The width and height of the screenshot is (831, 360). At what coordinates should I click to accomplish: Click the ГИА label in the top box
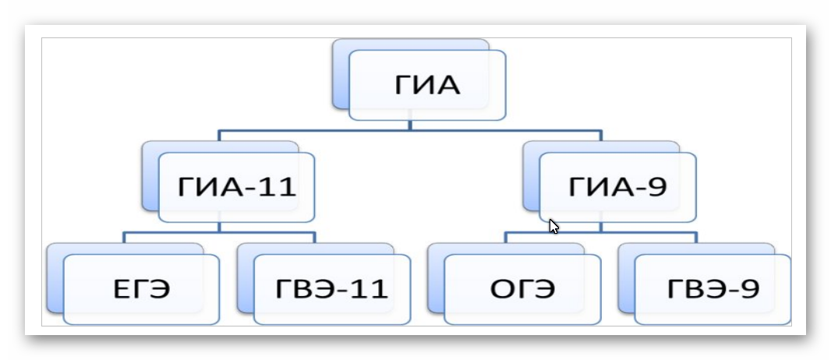[x=426, y=85]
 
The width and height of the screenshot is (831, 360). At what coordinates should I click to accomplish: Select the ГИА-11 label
[x=237, y=187]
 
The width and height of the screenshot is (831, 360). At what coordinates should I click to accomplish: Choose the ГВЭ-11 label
[x=331, y=289]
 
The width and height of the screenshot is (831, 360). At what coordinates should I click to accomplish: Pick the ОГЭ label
[x=522, y=289]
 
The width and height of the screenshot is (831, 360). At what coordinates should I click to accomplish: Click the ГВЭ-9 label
[x=713, y=289]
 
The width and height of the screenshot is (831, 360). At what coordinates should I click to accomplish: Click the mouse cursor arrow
[x=553, y=227]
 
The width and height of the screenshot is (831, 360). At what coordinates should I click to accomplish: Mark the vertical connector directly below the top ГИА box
[x=410, y=125]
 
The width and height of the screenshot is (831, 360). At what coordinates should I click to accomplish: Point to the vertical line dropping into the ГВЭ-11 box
[x=314, y=238]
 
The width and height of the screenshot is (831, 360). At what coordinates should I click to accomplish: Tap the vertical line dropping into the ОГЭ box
[x=505, y=238]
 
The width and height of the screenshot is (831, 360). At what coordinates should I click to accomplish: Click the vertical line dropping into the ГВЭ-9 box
[x=696, y=238]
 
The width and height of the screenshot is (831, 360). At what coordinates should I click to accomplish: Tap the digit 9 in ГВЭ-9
[x=751, y=289]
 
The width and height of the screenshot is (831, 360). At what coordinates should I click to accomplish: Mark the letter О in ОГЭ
[x=500, y=289]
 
